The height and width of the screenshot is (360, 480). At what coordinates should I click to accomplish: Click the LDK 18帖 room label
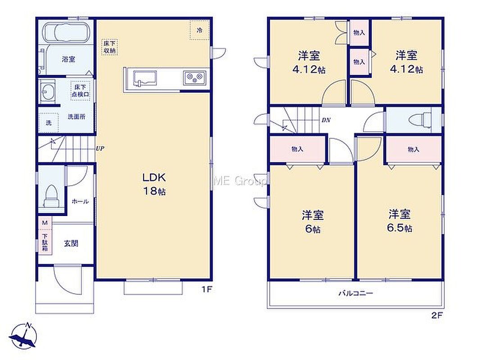coord(154,184)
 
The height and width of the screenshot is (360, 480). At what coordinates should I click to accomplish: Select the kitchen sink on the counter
coord(145,78)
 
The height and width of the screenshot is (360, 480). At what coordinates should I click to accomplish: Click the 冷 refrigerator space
coord(199,30)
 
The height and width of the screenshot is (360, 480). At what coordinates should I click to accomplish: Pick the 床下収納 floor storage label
coord(109,47)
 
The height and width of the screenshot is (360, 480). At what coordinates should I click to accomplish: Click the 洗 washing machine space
coord(49,123)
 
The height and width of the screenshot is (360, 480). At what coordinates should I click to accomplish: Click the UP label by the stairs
coord(100,149)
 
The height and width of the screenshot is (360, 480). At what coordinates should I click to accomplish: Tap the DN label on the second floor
coord(326,120)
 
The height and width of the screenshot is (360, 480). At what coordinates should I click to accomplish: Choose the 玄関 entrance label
coord(71,243)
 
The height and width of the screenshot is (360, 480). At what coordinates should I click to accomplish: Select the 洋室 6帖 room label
coord(312,221)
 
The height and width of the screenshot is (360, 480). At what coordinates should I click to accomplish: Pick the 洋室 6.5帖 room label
coord(399,221)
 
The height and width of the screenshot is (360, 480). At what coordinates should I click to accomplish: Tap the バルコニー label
coord(356,293)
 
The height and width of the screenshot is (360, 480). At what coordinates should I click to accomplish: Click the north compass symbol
coord(23,336)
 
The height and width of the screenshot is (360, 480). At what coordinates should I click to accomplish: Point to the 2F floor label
coord(437,315)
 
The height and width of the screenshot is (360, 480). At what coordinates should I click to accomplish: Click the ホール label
coord(80,202)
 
